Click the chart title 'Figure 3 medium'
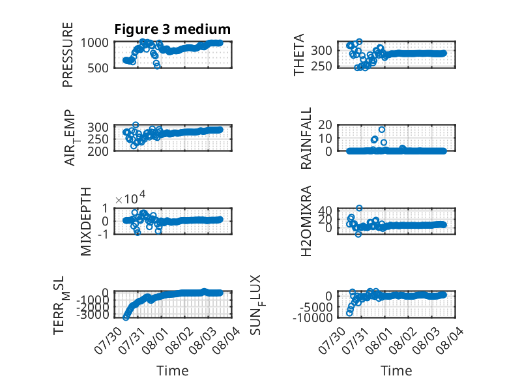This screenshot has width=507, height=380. pos(172,29)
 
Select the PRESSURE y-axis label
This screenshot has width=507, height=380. pos(68,55)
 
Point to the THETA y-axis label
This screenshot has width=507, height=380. pos(298,55)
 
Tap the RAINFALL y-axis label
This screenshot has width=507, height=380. pos(306,138)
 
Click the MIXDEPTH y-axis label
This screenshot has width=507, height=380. pos(86,222)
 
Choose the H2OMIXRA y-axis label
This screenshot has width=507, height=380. pos(306,221)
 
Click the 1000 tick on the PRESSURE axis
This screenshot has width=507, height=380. pos(94,42)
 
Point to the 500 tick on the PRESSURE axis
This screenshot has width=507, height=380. pos(98,68)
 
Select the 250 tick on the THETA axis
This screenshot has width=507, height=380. pos(321,66)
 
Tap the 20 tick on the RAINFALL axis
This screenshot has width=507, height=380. pos(325,125)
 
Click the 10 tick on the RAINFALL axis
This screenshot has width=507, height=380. pos(325,138)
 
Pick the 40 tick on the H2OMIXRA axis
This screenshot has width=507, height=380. pos(325,211)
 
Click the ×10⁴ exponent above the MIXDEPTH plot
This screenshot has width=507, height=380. pos(130,197)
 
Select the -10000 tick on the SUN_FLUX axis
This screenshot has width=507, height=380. pos(312,317)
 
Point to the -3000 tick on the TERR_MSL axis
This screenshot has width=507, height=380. pos(93,314)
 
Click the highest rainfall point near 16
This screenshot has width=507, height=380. pos(382,130)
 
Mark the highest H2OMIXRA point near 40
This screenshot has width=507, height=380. pos(359,208)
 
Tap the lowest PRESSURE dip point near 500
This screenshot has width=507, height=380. pos(157,66)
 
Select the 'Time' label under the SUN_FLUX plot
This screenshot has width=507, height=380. pos(396,371)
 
